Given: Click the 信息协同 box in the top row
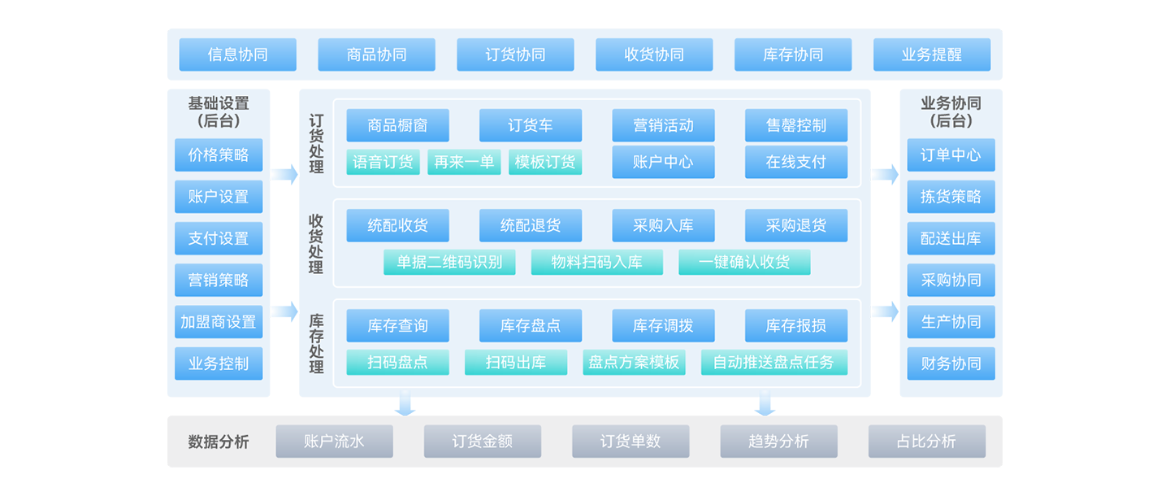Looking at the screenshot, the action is [237, 54].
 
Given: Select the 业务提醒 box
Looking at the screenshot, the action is [932, 54].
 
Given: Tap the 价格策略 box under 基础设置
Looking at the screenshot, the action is [219, 154].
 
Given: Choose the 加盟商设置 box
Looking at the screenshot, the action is [219, 322].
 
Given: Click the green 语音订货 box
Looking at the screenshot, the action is [383, 162].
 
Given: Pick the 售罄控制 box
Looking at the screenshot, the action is [796, 125].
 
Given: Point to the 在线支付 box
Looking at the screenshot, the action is [796, 162].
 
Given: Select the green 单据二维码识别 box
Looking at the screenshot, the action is [449, 262].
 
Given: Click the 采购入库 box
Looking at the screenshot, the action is [663, 225].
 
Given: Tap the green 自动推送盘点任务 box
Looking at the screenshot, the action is [774, 362].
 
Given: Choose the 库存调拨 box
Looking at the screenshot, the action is [663, 325].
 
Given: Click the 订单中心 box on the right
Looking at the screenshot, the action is [951, 154].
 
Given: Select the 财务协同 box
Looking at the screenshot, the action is [951, 363].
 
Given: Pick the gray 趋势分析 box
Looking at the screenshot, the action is [778, 442].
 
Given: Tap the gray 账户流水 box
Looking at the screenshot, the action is [334, 442].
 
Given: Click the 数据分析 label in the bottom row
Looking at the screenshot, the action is [219, 442].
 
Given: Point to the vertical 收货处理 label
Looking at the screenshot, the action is [316, 244].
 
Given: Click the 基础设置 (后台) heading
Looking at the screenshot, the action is [219, 112].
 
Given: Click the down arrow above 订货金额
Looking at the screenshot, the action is [405, 402].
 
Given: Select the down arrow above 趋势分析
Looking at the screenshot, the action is [765, 402].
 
